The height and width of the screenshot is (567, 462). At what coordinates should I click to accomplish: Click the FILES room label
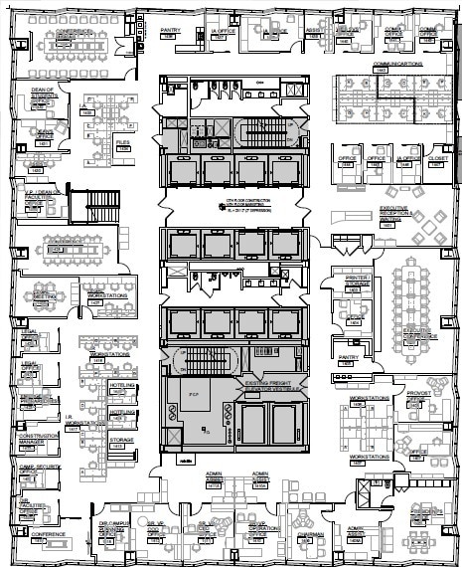123,143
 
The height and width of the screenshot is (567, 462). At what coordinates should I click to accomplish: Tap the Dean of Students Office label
41,94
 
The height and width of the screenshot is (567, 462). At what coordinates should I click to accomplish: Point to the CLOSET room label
438,158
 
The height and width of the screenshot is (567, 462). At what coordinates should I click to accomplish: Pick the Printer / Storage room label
358,281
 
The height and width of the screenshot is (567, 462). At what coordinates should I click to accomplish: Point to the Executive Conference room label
416,333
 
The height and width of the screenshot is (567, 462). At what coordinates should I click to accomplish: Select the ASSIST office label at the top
314,31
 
